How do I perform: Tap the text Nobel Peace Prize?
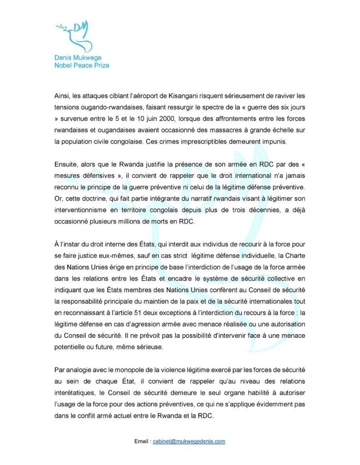tap(81, 65)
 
